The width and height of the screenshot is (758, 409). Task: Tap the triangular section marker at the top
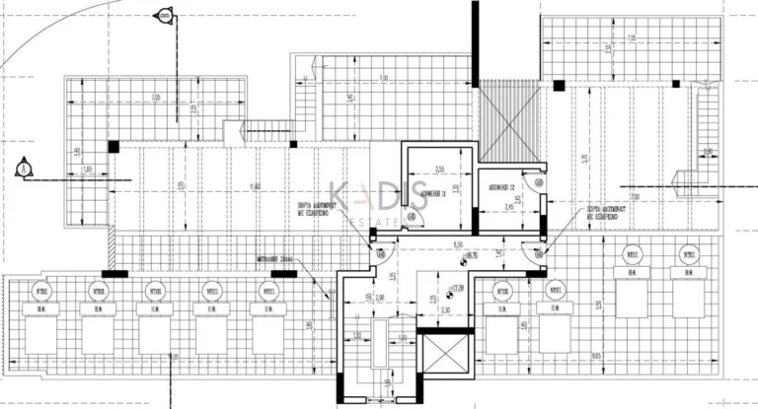[165, 16]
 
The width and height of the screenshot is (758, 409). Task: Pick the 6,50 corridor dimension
[458, 243]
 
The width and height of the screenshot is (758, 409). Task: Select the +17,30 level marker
[455, 289]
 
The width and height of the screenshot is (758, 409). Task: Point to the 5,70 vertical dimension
[584, 158]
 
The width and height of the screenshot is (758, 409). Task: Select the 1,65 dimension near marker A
[89, 171]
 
